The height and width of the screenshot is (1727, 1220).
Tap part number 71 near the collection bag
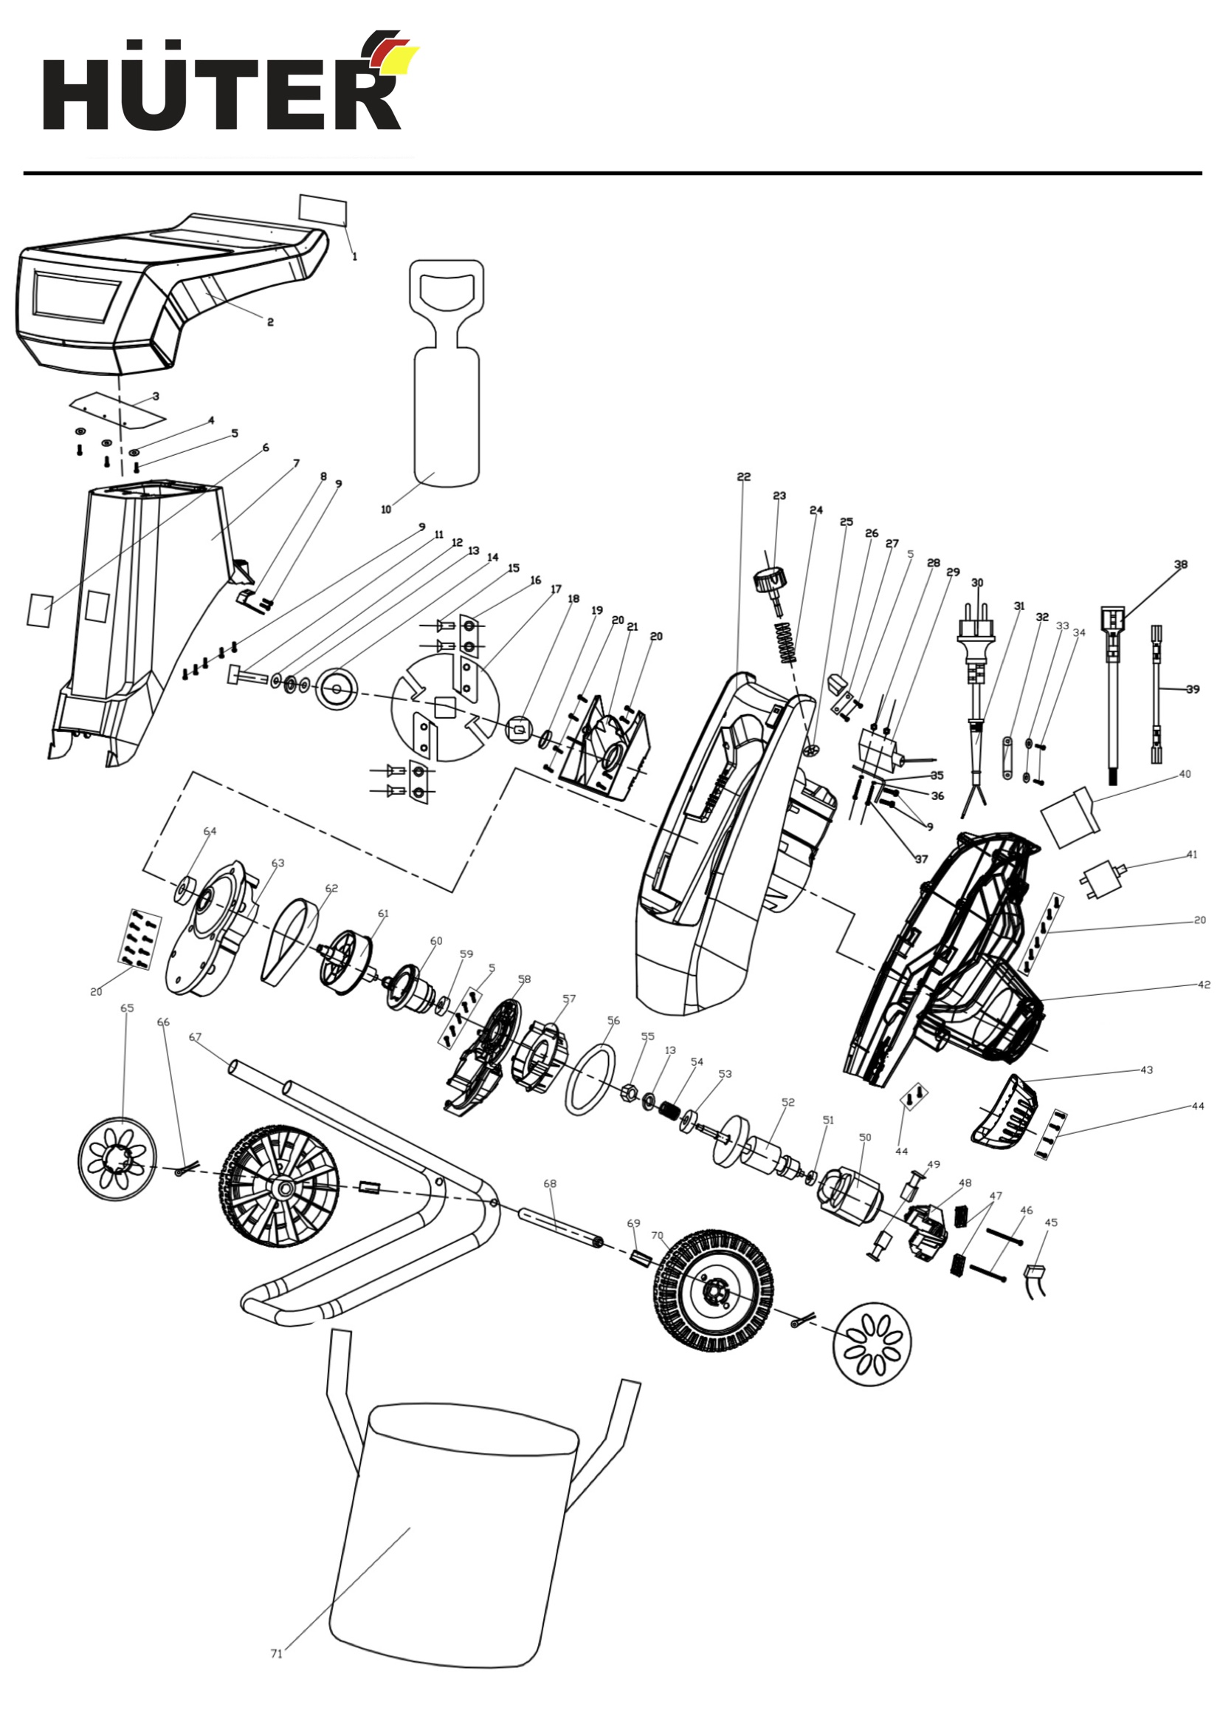point(276,1653)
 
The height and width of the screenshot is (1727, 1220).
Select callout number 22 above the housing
point(743,477)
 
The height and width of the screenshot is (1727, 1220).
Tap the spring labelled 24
point(786,643)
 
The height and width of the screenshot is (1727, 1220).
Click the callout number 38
point(1180,564)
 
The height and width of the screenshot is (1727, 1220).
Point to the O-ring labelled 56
point(590,1081)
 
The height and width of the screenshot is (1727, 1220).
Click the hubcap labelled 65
point(117,1159)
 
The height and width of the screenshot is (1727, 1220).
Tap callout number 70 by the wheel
point(657,1235)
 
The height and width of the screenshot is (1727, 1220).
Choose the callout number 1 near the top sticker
point(355,256)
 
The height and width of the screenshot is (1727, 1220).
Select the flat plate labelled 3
point(117,411)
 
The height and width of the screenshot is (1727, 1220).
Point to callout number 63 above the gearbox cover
point(278,863)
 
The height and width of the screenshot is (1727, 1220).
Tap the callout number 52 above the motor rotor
point(788,1102)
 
